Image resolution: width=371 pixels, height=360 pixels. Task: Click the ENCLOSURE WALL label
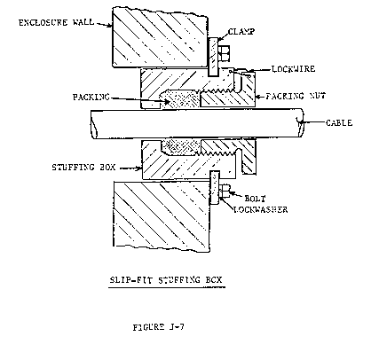click(56, 22)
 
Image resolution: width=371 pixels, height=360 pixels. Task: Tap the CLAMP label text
click(241, 31)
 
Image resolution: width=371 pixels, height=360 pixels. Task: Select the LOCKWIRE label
click(293, 69)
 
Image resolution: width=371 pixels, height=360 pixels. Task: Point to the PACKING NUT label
click(296, 96)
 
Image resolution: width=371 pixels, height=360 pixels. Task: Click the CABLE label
click(339, 122)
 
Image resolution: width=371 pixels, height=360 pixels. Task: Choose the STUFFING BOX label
click(83, 167)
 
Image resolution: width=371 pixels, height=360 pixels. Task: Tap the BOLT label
click(255, 199)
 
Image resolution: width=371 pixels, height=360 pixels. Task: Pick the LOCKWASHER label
click(260, 209)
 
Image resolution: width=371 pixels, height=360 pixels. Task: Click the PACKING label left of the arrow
click(91, 97)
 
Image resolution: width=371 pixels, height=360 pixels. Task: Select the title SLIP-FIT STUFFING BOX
click(166, 280)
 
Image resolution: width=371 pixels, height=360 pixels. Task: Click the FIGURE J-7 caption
click(159, 327)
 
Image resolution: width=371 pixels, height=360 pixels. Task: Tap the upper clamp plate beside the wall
click(213, 57)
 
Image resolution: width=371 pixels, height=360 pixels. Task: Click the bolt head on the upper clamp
click(224, 53)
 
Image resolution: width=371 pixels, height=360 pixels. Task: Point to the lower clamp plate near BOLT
click(215, 187)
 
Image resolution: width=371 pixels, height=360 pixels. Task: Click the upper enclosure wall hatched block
click(160, 37)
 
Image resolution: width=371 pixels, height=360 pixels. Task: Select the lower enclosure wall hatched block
click(162, 216)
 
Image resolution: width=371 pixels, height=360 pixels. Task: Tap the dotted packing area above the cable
click(180, 98)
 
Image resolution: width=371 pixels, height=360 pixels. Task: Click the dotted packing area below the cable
click(181, 147)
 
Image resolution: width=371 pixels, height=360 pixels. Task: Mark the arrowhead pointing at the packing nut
click(258, 97)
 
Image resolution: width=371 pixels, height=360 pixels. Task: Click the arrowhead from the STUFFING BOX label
click(139, 168)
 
